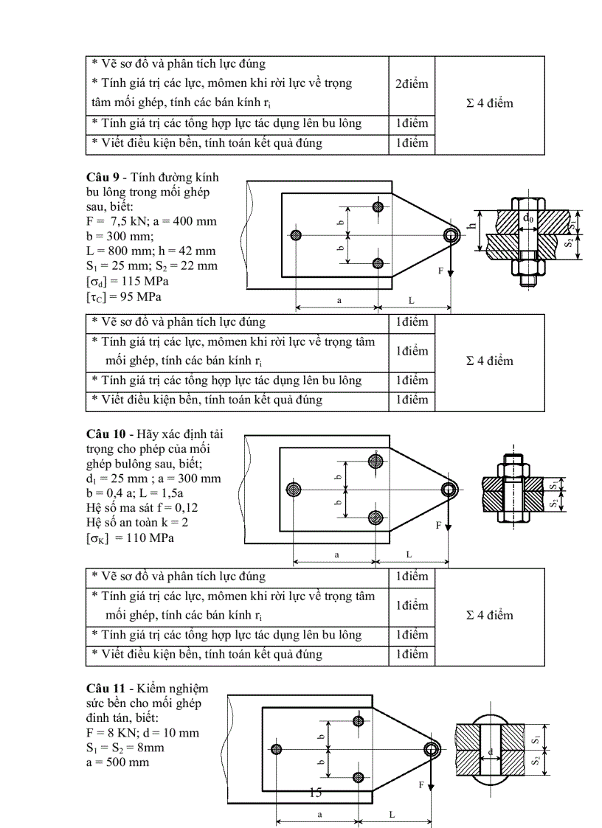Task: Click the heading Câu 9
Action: coord(103,178)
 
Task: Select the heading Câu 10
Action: coord(106,434)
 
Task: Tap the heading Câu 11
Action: coord(106,688)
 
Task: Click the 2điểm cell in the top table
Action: coord(411,84)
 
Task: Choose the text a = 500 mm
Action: coord(117,762)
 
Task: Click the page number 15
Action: coord(315,793)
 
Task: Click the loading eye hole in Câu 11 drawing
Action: coord(431,749)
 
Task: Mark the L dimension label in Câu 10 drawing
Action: coord(410,554)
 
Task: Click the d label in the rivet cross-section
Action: coord(490,752)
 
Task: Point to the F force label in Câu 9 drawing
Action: coord(440,271)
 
